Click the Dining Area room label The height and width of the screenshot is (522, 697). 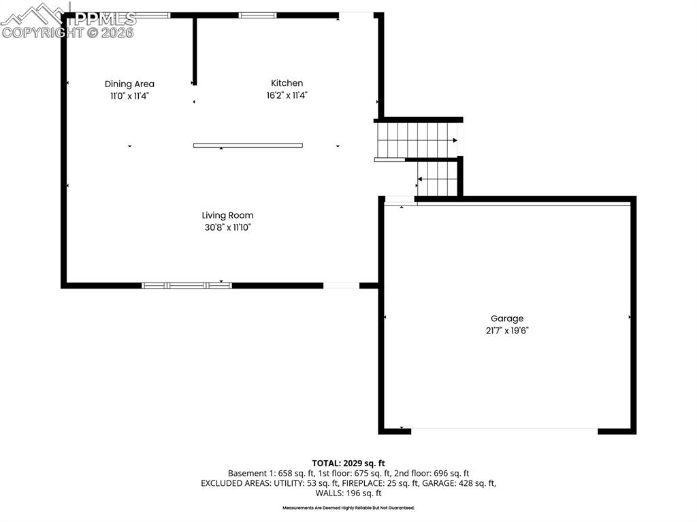pos(129,84)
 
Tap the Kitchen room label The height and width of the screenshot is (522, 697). pos(287,83)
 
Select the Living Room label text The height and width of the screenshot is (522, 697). pos(227,215)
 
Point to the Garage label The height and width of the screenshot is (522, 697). pos(507,319)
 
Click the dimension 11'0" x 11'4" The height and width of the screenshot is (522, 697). pos(129,96)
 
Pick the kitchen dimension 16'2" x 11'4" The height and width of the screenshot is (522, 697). pos(287,96)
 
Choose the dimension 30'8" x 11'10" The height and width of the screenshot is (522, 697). pos(227,227)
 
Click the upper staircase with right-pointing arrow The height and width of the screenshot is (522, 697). pos(417,140)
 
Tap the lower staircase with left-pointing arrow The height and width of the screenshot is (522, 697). pos(437,178)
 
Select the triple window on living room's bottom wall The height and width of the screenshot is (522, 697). pos(187,285)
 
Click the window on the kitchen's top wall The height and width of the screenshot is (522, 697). pos(257,15)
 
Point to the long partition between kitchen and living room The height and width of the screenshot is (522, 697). pos(248,145)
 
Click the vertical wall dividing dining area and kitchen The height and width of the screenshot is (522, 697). pos(195,51)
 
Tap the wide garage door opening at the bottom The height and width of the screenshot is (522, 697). pos(504,429)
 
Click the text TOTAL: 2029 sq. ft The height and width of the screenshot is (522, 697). pos(348,463)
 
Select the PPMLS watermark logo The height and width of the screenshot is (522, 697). pos(68,20)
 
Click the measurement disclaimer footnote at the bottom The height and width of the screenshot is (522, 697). pos(348,508)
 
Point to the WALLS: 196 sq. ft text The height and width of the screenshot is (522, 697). pos(348,493)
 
